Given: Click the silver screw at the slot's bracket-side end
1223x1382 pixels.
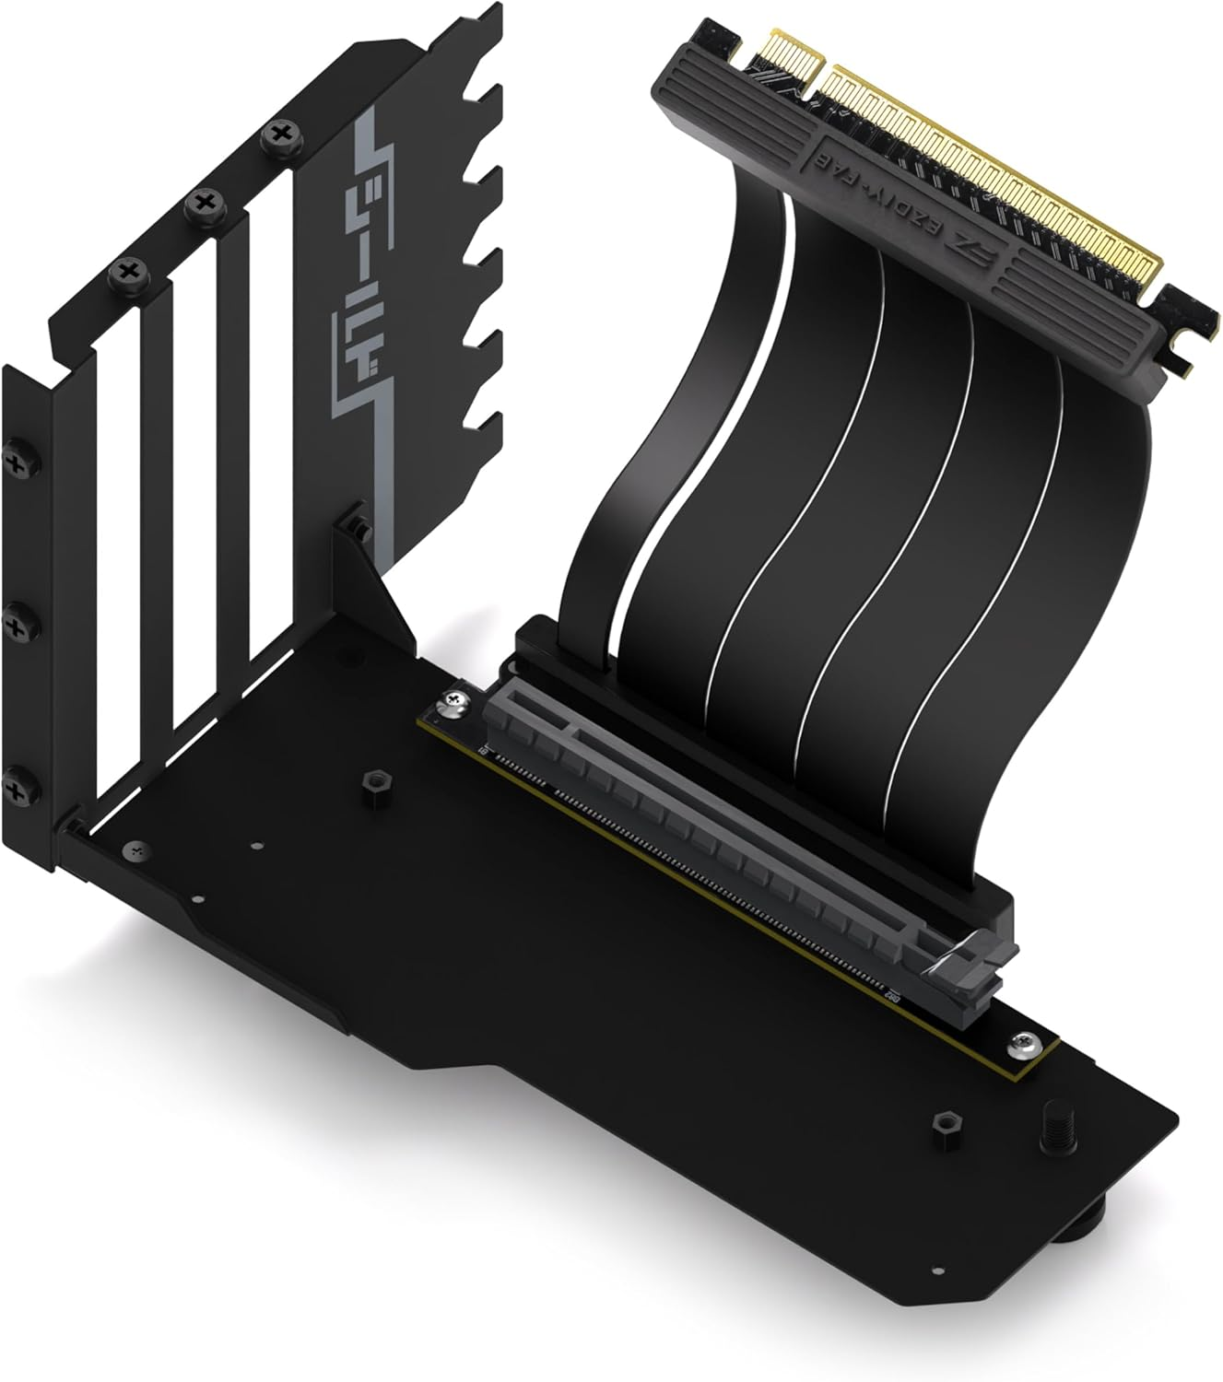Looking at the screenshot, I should [458, 704].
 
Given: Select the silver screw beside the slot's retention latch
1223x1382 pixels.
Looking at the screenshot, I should [1020, 1044].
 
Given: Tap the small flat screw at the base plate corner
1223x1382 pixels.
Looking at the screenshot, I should [137, 849].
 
